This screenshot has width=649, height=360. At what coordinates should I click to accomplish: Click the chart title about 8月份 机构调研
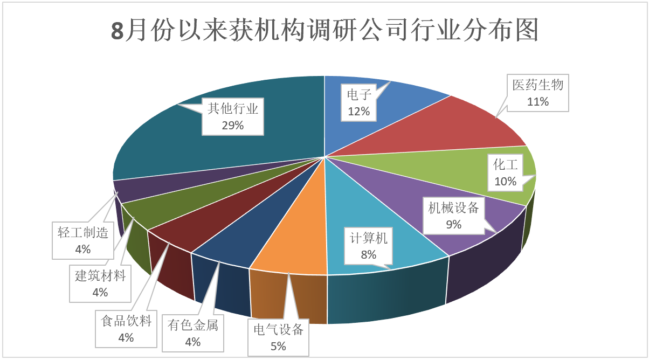point(324,31)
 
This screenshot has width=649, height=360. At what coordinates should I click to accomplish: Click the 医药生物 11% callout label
point(537,93)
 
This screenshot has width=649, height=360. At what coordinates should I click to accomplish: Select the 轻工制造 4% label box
point(83,240)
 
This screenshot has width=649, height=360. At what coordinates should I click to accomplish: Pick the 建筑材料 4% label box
point(100,283)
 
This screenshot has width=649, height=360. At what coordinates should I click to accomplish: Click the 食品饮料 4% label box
point(126,329)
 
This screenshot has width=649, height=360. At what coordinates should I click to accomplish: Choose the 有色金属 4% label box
point(192,333)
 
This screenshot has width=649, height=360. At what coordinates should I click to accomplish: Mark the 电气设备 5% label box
point(278,337)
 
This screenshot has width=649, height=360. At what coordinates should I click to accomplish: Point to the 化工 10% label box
point(505,172)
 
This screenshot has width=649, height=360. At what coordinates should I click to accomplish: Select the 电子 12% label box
point(358,103)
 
